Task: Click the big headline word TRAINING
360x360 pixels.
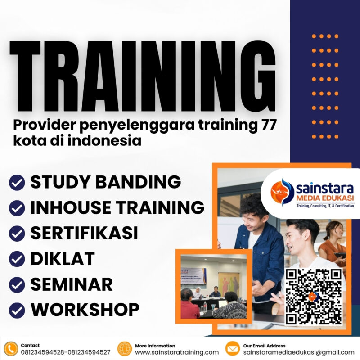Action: point(142,74)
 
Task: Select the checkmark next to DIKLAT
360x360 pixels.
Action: point(17,259)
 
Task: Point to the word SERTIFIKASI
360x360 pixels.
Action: point(84,233)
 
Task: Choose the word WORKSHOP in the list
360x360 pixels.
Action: point(85,310)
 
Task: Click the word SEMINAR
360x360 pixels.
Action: point(71,284)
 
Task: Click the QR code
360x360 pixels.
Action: point(314,296)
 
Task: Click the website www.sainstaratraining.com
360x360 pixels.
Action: point(177,352)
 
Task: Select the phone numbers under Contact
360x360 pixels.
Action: point(65,352)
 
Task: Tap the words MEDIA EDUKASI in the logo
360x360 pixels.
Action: point(324,198)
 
